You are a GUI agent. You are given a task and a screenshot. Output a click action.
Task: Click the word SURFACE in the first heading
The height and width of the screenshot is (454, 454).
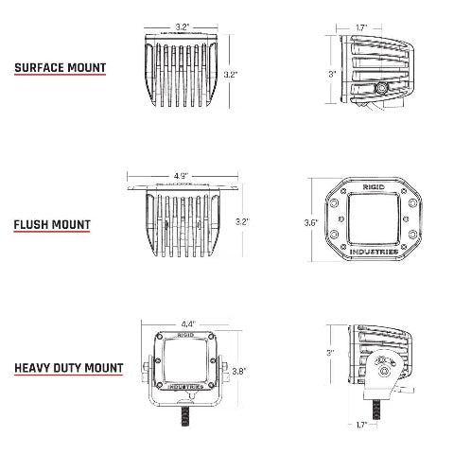39,68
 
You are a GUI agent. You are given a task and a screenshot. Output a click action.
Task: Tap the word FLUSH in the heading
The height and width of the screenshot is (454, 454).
31,225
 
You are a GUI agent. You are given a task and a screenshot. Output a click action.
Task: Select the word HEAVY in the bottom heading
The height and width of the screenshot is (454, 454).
32,368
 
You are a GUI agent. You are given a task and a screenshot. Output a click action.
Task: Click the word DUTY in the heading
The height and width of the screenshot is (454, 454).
67,368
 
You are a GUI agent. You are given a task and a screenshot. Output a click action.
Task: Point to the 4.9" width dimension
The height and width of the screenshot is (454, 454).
182,175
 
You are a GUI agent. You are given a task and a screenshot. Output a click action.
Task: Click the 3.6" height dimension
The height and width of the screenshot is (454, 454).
311,223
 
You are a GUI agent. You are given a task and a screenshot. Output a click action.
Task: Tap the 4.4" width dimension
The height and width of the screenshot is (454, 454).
188,323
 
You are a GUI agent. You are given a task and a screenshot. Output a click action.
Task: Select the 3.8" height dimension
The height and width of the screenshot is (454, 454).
239,371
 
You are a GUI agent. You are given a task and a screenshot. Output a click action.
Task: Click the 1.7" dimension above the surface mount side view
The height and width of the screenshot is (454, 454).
361,27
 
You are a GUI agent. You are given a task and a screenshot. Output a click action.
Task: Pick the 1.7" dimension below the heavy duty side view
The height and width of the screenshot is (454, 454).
361,425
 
